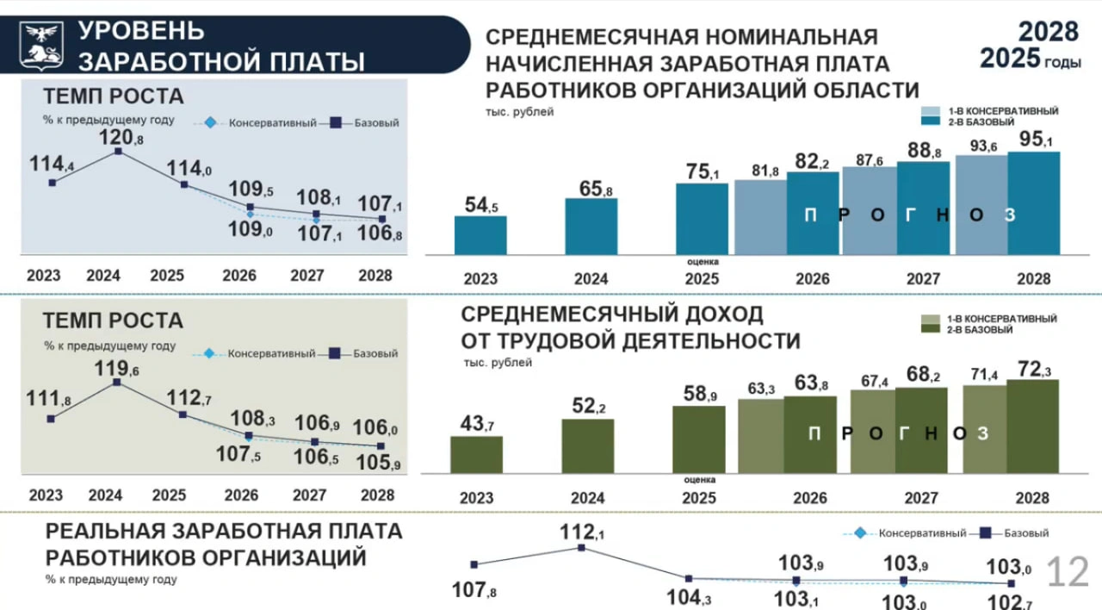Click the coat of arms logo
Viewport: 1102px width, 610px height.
point(42,45)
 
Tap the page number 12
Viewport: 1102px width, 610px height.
point(1068,572)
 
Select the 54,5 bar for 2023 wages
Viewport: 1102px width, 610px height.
point(480,235)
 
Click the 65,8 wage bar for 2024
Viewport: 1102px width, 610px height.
point(591,227)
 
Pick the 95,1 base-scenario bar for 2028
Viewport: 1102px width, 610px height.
point(1033,203)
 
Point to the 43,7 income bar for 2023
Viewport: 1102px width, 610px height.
point(476,454)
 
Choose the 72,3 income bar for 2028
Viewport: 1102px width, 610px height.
point(1032,426)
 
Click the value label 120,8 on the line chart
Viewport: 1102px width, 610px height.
point(121,136)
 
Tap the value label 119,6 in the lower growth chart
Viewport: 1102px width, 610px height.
point(120,369)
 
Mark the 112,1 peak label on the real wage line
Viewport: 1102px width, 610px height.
point(582,532)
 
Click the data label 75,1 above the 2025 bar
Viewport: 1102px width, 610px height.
point(702,171)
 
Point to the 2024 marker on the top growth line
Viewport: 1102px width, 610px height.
point(118,152)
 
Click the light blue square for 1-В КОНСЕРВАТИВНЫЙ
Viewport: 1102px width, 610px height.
point(932,111)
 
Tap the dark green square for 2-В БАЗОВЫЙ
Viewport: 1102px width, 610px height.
point(931,330)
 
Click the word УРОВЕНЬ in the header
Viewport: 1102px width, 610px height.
point(141,31)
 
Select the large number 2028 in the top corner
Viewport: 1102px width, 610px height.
point(1049,32)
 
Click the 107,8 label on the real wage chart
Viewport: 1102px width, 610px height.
point(474,591)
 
